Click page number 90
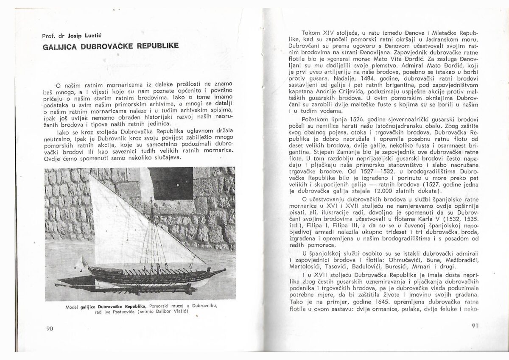(49, 329)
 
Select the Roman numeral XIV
(331, 33)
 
